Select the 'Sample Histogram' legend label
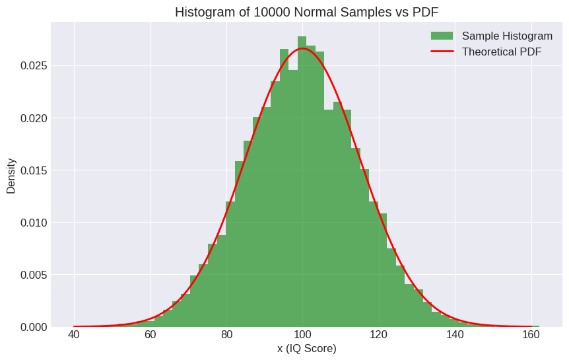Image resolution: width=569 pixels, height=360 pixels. [507, 36]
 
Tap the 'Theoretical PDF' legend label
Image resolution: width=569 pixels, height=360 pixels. [502, 52]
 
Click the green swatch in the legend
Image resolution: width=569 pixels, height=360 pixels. [442, 36]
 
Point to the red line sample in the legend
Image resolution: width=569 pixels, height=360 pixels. [442, 52]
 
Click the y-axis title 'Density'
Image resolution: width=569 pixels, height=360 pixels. [11, 175]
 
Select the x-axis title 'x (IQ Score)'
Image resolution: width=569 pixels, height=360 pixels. [307, 348]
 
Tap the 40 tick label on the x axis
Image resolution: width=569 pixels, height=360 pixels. [74, 334]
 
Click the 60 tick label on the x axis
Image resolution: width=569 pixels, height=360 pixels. [151, 334]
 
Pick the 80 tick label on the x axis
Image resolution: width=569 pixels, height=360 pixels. [226, 334]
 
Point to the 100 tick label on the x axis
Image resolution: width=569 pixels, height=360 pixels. [302, 334]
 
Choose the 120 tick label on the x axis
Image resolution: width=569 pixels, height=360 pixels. [379, 334]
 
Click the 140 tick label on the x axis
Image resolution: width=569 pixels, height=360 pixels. [455, 334]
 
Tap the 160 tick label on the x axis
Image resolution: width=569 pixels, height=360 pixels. [531, 334]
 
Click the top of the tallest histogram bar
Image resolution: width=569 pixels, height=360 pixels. [302, 37]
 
